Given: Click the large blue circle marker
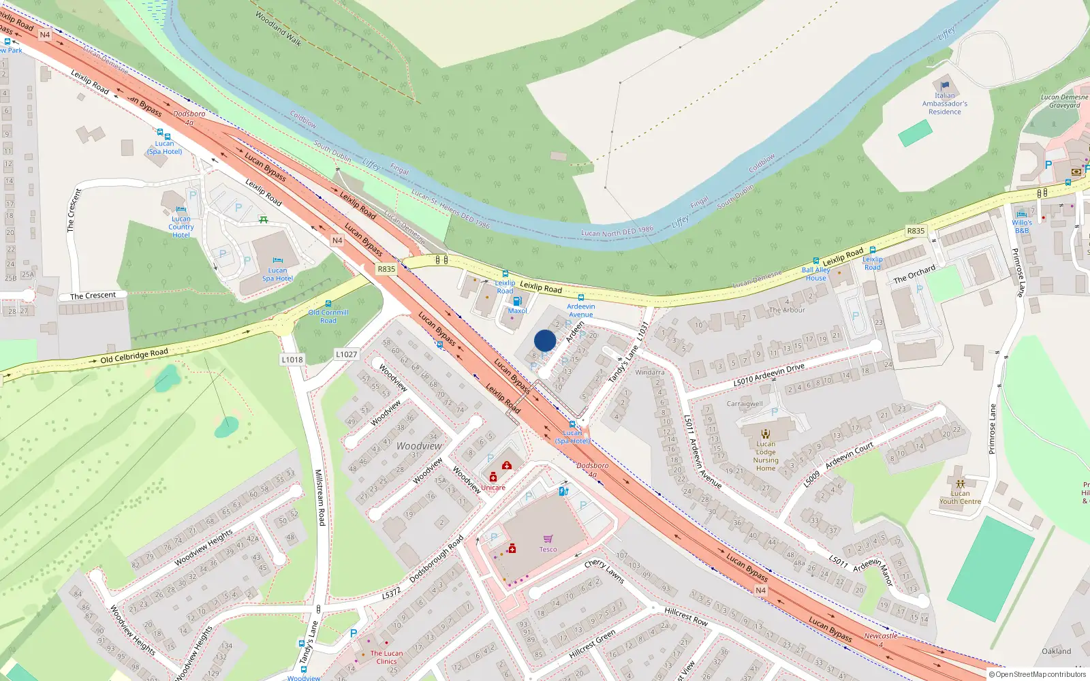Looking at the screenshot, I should click(545, 340).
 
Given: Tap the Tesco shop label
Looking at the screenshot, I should click(548, 549).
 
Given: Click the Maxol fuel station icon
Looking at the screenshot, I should click(517, 301).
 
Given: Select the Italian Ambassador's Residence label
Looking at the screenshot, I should click(944, 104).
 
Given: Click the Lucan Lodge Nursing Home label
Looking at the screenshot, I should click(765, 456).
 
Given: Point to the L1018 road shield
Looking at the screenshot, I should click(292, 360).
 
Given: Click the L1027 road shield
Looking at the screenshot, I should click(346, 354).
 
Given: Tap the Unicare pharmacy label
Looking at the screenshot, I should click(493, 488).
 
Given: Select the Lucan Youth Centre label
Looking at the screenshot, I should click(960, 497).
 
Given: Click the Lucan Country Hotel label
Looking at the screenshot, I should click(181, 227).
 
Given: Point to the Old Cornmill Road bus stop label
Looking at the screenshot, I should click(328, 316).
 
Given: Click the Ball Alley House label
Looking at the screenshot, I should click(815, 274).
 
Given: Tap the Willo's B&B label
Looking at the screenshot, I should click(1021, 226).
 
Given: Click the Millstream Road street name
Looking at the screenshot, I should click(319, 497).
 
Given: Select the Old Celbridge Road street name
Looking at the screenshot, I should click(134, 355).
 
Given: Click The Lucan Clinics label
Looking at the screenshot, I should click(386, 657).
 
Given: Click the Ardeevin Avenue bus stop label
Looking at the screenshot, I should click(580, 310).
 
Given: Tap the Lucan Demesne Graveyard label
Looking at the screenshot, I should click(1064, 101).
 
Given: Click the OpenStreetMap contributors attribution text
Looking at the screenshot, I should click(1040, 674).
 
